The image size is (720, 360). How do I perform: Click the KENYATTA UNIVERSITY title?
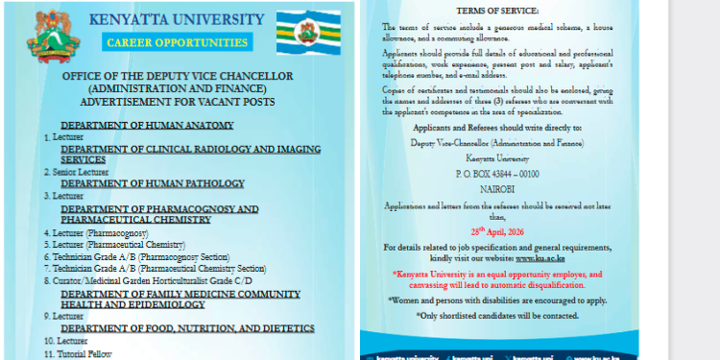click(176, 19)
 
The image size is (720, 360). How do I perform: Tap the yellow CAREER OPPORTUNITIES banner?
click(176, 42)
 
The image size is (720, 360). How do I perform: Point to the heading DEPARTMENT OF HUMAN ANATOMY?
click(147, 126)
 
